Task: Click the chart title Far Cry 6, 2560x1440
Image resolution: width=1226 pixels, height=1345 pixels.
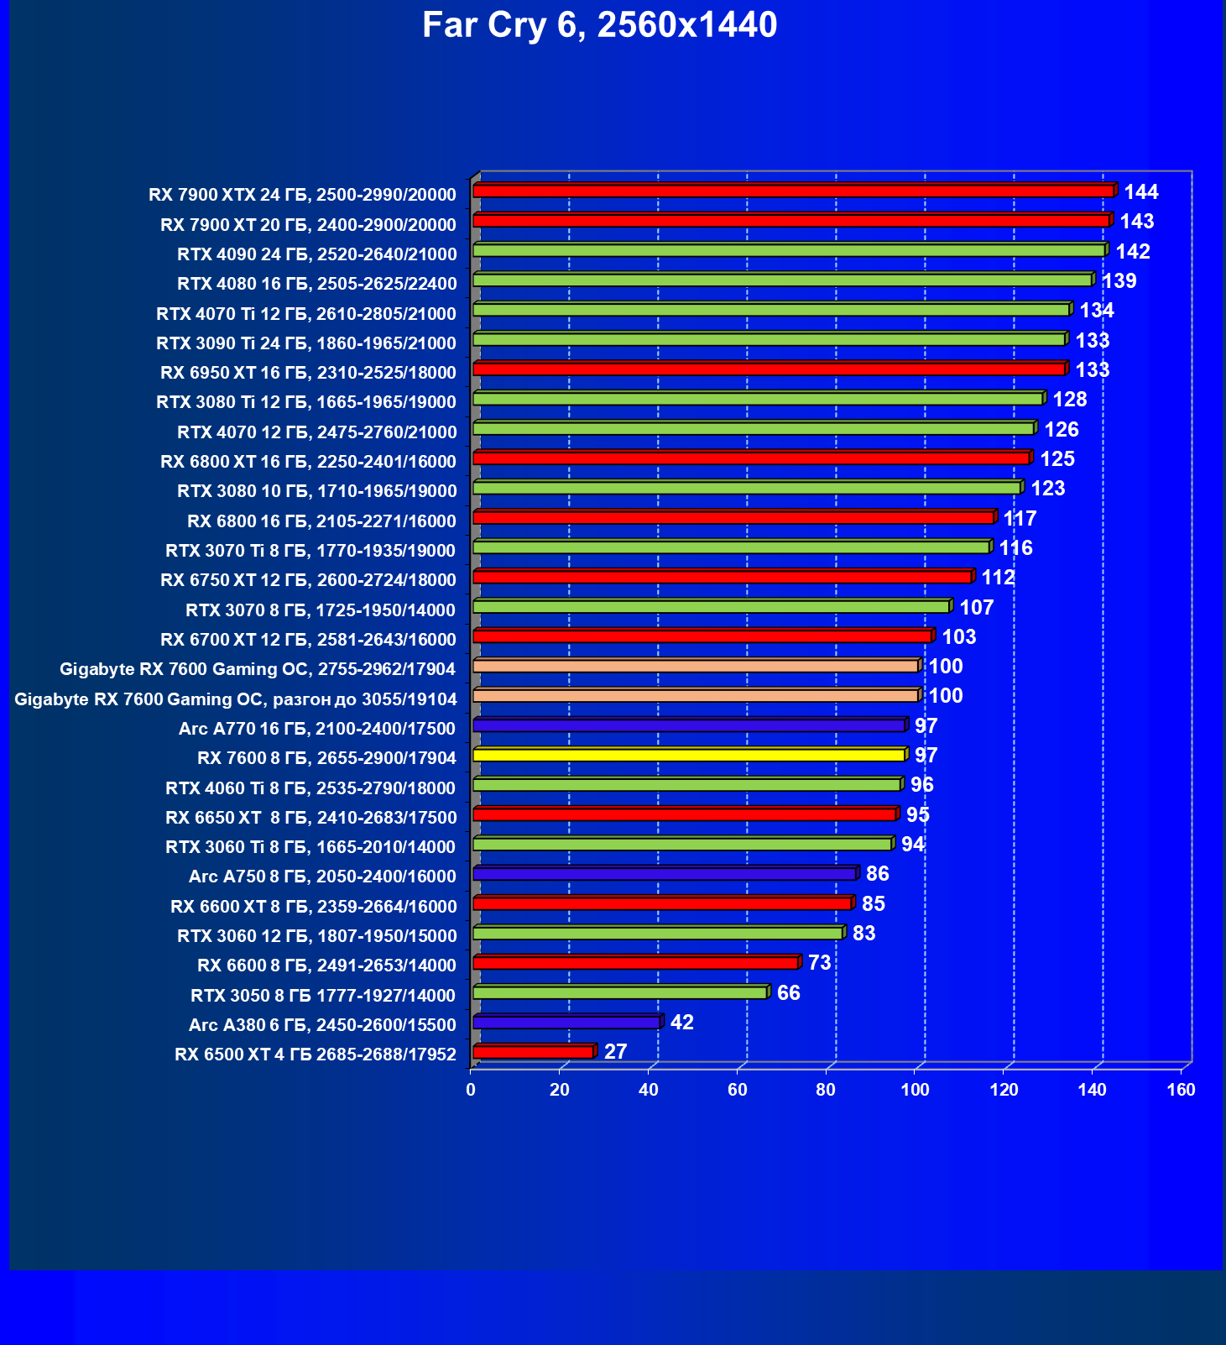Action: [599, 25]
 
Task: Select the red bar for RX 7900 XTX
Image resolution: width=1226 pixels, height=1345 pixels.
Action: [793, 191]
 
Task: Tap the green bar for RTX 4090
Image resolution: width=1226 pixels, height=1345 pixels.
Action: [789, 250]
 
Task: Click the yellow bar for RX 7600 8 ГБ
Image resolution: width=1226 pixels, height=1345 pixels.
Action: [689, 755]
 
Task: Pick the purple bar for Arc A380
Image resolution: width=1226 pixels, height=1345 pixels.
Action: [566, 1022]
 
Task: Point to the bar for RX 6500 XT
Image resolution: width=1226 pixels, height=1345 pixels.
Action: [533, 1052]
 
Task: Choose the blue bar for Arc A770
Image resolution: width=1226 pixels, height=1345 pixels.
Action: [689, 725]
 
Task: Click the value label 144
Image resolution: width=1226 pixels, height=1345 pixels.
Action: [1141, 192]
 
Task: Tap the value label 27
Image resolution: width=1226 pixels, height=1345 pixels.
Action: [615, 1052]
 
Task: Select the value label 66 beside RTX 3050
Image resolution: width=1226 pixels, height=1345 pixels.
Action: [788, 992]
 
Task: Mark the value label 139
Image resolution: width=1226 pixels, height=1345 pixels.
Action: [1119, 281]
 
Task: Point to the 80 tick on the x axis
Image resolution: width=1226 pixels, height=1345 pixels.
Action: [826, 1090]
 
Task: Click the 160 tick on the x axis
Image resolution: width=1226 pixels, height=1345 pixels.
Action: [1182, 1090]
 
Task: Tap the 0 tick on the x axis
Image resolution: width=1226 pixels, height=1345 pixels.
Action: [471, 1090]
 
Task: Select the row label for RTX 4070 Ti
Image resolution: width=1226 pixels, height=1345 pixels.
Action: [306, 314]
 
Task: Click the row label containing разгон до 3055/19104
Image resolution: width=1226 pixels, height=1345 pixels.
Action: [236, 699]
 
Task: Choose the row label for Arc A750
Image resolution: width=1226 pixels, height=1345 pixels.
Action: [322, 877]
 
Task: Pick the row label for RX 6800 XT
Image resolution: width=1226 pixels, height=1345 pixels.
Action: [308, 462]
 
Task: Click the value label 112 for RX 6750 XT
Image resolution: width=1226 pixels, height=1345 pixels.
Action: [998, 578]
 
